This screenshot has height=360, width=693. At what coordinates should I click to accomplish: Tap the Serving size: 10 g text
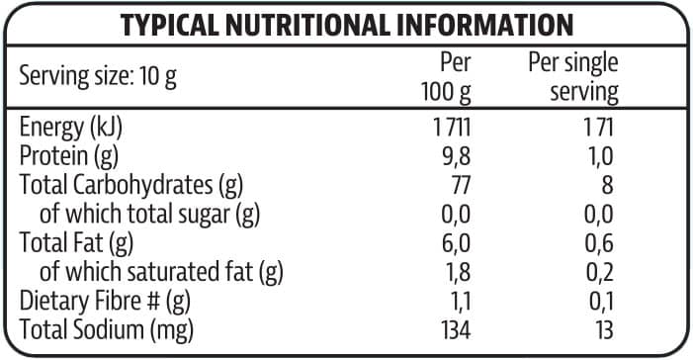(98, 76)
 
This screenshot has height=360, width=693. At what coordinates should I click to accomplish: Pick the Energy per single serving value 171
(598, 127)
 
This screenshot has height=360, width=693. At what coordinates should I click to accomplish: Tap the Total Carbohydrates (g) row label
(131, 184)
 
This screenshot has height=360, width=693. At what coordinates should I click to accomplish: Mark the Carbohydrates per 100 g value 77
(459, 184)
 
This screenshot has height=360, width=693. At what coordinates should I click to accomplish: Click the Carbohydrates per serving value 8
(607, 184)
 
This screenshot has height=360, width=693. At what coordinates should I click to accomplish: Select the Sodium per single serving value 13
(602, 327)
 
